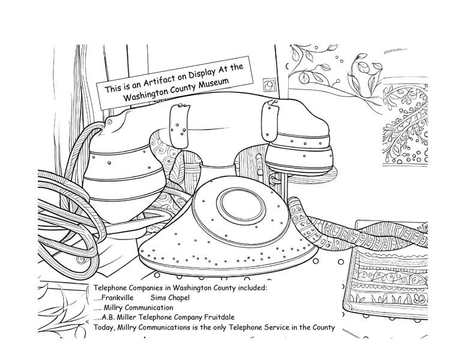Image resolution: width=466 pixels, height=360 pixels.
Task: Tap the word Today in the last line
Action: (106, 327)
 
